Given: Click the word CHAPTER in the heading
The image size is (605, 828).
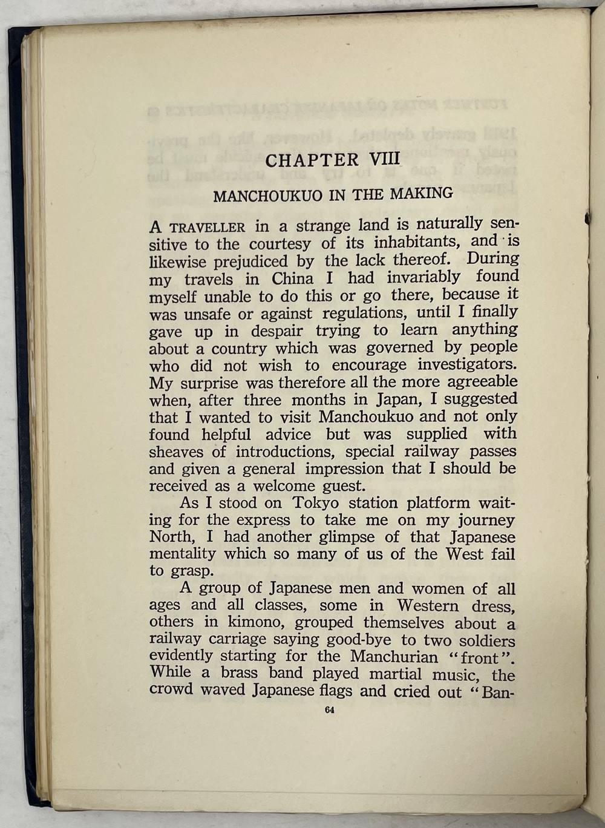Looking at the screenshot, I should (312, 160).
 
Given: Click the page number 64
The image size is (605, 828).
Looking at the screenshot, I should (329, 711).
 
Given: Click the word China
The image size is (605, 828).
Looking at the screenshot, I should (292, 279).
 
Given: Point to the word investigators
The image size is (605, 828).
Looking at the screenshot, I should (467, 365).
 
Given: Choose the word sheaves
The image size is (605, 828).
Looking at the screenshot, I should (177, 452).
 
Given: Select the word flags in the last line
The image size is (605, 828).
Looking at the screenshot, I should (332, 691).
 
